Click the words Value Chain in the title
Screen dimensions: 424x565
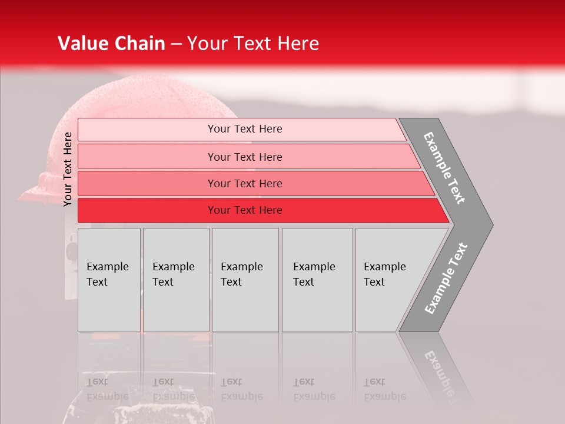point(111,44)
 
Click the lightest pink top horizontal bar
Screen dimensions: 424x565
point(147,130)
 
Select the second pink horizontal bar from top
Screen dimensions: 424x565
point(147,157)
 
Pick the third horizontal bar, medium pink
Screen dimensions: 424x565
point(147,183)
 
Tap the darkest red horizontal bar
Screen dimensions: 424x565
point(147,210)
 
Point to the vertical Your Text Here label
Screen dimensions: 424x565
point(68,169)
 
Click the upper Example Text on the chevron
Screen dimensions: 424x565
point(444,168)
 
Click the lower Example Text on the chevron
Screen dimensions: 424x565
point(446,278)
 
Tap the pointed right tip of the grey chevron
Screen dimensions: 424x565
point(491,224)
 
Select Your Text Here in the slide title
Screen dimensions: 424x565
point(253,44)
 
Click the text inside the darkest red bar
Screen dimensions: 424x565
point(245,210)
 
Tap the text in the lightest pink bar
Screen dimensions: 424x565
point(245,129)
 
